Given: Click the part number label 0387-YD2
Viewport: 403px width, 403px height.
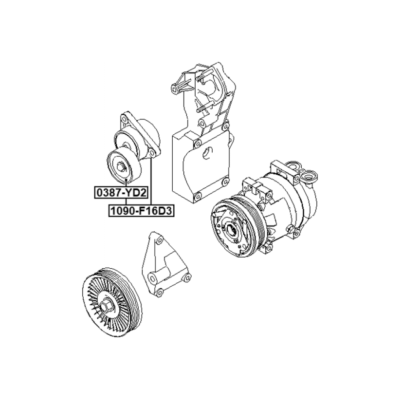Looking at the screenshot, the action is (121, 192).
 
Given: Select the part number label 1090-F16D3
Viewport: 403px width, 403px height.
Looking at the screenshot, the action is (141, 211).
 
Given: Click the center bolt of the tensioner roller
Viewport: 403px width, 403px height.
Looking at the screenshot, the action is (120, 166).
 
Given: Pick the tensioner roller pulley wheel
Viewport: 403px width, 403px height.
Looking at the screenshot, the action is (124, 166).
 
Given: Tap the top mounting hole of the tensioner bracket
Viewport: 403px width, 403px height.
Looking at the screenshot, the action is (124, 119).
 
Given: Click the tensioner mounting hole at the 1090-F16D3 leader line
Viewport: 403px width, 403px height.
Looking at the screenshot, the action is (152, 153).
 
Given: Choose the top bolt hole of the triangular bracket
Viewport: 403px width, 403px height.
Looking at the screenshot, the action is (160, 241).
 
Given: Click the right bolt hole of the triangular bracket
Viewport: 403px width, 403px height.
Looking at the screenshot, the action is (187, 277).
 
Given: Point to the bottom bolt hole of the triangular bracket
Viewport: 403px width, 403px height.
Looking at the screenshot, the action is (159, 292).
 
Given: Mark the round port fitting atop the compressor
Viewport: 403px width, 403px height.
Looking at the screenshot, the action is (310, 176).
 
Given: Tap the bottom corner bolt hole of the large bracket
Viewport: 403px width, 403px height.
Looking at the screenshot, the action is (197, 197).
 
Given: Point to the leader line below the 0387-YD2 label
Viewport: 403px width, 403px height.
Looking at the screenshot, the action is (126, 202).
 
